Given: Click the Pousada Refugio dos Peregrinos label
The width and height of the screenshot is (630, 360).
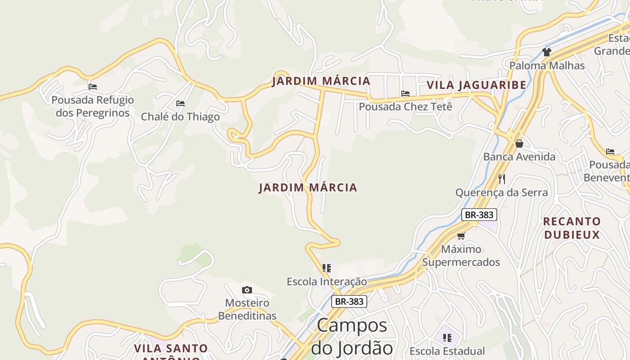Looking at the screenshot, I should coord(92,106).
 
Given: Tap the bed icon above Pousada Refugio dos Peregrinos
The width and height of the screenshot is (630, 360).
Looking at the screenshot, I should coord(93,86).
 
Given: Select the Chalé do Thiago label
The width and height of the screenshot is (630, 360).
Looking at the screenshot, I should coord(180,117).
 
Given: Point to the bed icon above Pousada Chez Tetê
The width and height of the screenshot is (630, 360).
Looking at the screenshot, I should coord(405,94).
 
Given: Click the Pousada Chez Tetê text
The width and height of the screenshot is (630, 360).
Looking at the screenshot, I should coord(405,107).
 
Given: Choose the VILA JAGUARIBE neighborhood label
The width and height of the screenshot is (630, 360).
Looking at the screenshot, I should coord(476,85).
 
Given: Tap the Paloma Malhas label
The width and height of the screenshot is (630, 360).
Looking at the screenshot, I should coord(547,66).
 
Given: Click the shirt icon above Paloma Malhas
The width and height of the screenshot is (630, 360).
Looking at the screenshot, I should coord(547,52).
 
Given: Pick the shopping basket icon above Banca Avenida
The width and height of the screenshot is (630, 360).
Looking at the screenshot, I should coord(519,144).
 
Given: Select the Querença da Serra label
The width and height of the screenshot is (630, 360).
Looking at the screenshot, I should coord(501,193).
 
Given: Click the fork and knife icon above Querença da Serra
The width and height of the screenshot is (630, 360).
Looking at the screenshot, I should coord(502,179).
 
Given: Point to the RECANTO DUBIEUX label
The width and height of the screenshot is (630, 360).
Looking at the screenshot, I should coord(571,228).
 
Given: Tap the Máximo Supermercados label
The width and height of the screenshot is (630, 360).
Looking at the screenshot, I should coord(461,256).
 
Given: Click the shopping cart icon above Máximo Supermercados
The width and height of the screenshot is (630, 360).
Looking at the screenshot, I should coord(461,236).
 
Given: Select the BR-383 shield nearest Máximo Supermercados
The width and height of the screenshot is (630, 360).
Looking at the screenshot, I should coord(479,215).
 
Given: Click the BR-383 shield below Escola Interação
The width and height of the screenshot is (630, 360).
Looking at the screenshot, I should coord(349,301).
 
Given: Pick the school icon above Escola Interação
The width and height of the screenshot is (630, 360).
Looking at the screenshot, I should coord(327,268).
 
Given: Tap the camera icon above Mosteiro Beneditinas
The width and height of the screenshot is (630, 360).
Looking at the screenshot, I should coord(247,290).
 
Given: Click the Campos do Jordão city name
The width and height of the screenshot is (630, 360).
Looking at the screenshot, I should coord(352,337).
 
